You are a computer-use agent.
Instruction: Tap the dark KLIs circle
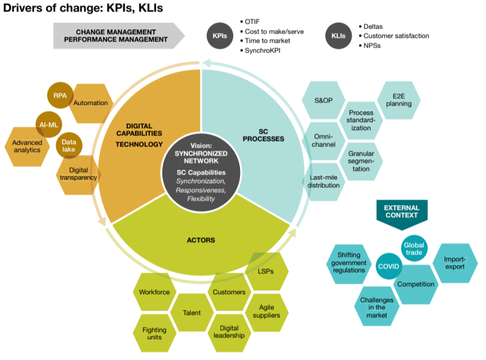[x=339, y=36]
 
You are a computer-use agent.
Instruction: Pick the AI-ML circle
[x=48, y=124]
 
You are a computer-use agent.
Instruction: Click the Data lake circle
[x=68, y=146]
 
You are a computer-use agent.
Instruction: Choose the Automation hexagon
[x=91, y=103]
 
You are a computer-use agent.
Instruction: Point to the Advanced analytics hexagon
[x=27, y=145]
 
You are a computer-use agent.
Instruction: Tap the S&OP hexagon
[x=324, y=99]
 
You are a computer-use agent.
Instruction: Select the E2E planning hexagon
[x=402, y=99]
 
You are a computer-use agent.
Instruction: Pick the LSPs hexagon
[x=267, y=270]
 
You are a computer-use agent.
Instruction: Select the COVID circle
[x=388, y=267]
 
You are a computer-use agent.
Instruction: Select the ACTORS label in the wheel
[x=200, y=240]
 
